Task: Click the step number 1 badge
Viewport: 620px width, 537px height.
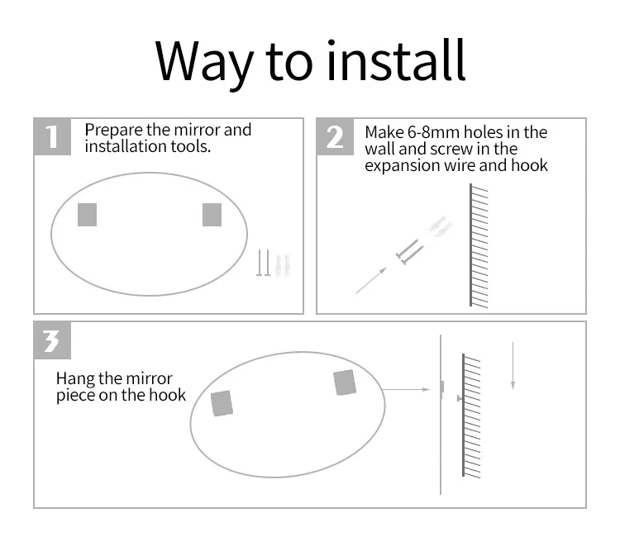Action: click(x=53, y=136)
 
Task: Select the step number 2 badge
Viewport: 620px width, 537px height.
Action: click(x=335, y=136)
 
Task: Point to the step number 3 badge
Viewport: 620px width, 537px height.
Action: click(x=53, y=340)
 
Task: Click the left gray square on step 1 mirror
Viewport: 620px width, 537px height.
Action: click(x=88, y=215)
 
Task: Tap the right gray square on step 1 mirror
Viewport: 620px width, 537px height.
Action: click(x=212, y=215)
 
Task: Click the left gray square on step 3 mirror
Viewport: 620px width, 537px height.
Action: click(x=222, y=403)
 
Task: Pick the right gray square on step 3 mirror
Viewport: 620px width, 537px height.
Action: click(x=345, y=383)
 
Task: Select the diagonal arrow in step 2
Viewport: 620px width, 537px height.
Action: click(x=371, y=280)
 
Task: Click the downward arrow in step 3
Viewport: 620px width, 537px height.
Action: click(x=513, y=366)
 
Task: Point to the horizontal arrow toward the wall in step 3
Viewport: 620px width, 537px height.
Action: click(x=407, y=389)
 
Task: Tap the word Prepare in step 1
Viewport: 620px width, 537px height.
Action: click(x=113, y=130)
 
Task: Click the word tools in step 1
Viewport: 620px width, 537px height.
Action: click(x=191, y=146)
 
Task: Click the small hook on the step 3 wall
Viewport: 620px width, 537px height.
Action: click(x=460, y=398)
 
